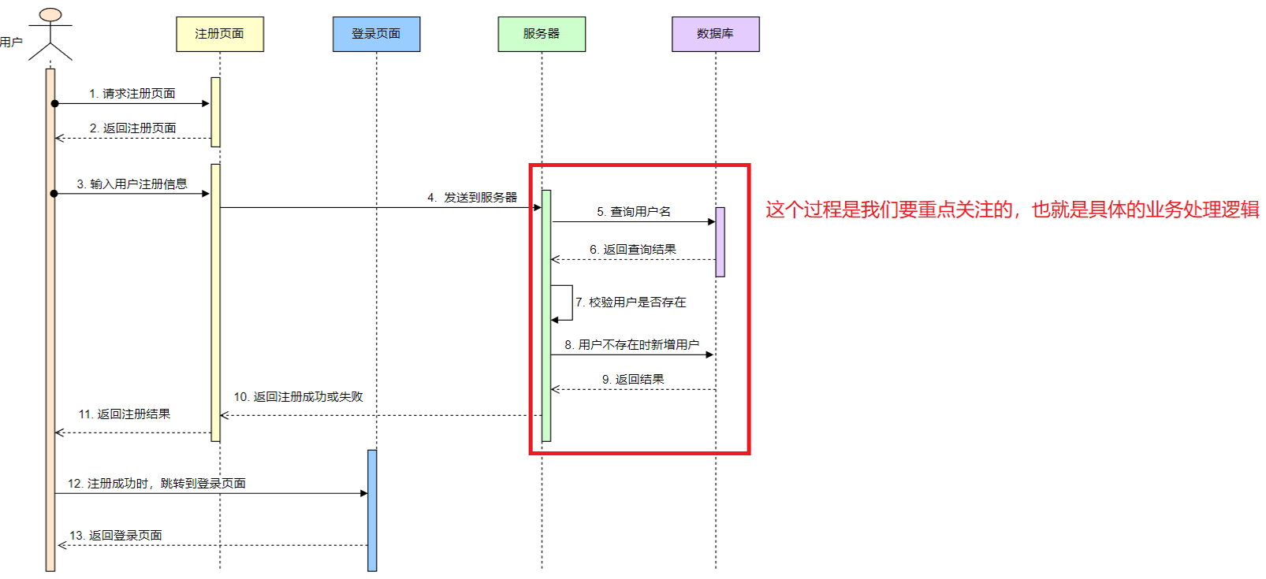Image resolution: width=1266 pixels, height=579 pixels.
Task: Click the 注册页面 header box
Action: point(219,34)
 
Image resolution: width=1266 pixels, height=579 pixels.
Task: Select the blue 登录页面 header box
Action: point(376,34)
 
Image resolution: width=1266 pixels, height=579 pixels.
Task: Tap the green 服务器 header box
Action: point(542,34)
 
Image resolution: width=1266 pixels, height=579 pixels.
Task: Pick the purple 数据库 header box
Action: point(715,34)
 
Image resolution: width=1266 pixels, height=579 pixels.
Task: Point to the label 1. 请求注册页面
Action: point(132,94)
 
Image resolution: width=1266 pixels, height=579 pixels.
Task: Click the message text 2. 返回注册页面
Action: point(132,128)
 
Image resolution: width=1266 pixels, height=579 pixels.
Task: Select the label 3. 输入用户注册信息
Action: point(132,184)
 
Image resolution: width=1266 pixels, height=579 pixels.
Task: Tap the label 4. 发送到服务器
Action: point(472,198)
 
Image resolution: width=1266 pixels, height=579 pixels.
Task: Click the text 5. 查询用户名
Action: point(634,212)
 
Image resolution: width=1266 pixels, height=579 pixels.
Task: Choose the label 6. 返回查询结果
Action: point(633,250)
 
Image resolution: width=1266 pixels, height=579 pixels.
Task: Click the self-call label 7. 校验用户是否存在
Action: point(631,302)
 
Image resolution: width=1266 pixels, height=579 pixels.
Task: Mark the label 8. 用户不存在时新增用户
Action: point(631,345)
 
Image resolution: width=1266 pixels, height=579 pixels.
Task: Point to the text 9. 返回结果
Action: point(633,380)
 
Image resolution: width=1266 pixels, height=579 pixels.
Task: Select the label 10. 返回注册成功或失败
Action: point(298,397)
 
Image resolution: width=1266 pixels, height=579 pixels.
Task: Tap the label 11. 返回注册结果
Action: point(125,414)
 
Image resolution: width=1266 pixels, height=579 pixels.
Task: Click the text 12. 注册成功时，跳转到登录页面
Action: point(157,484)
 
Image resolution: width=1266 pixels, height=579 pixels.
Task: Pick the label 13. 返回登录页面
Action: point(116,536)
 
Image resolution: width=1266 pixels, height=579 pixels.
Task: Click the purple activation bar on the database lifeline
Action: point(720,242)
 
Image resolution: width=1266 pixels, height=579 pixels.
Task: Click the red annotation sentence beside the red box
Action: point(1012,210)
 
